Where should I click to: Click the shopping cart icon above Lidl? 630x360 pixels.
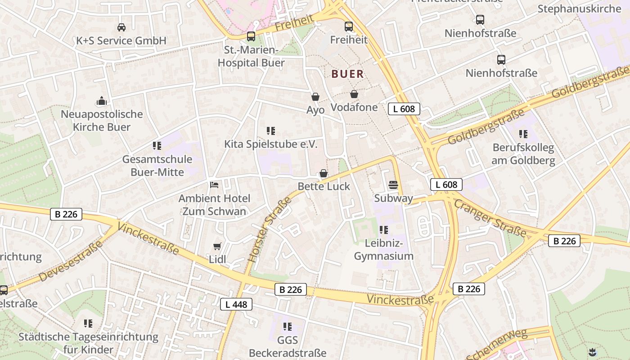[217, 246]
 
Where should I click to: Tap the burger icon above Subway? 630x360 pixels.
[393, 185]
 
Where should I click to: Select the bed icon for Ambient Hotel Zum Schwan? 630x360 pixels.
[214, 185]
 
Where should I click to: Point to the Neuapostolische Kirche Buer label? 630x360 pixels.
[102, 121]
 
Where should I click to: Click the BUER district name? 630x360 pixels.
[347, 74]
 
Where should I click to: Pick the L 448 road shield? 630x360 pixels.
[236, 305]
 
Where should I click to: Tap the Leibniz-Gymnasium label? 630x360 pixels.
[383, 250]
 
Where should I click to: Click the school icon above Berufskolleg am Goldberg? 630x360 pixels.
[523, 134]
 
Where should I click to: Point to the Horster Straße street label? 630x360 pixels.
[270, 229]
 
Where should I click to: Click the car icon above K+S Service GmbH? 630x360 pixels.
[121, 27]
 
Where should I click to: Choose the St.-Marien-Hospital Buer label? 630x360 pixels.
[251, 56]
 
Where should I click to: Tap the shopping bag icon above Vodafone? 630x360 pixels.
[354, 94]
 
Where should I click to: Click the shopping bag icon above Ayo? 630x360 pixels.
[315, 97]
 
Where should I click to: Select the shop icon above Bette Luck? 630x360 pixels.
[323, 173]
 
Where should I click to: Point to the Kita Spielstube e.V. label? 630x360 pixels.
[271, 144]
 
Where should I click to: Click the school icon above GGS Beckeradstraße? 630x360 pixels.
[288, 327]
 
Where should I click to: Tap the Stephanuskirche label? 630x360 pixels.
[579, 9]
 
